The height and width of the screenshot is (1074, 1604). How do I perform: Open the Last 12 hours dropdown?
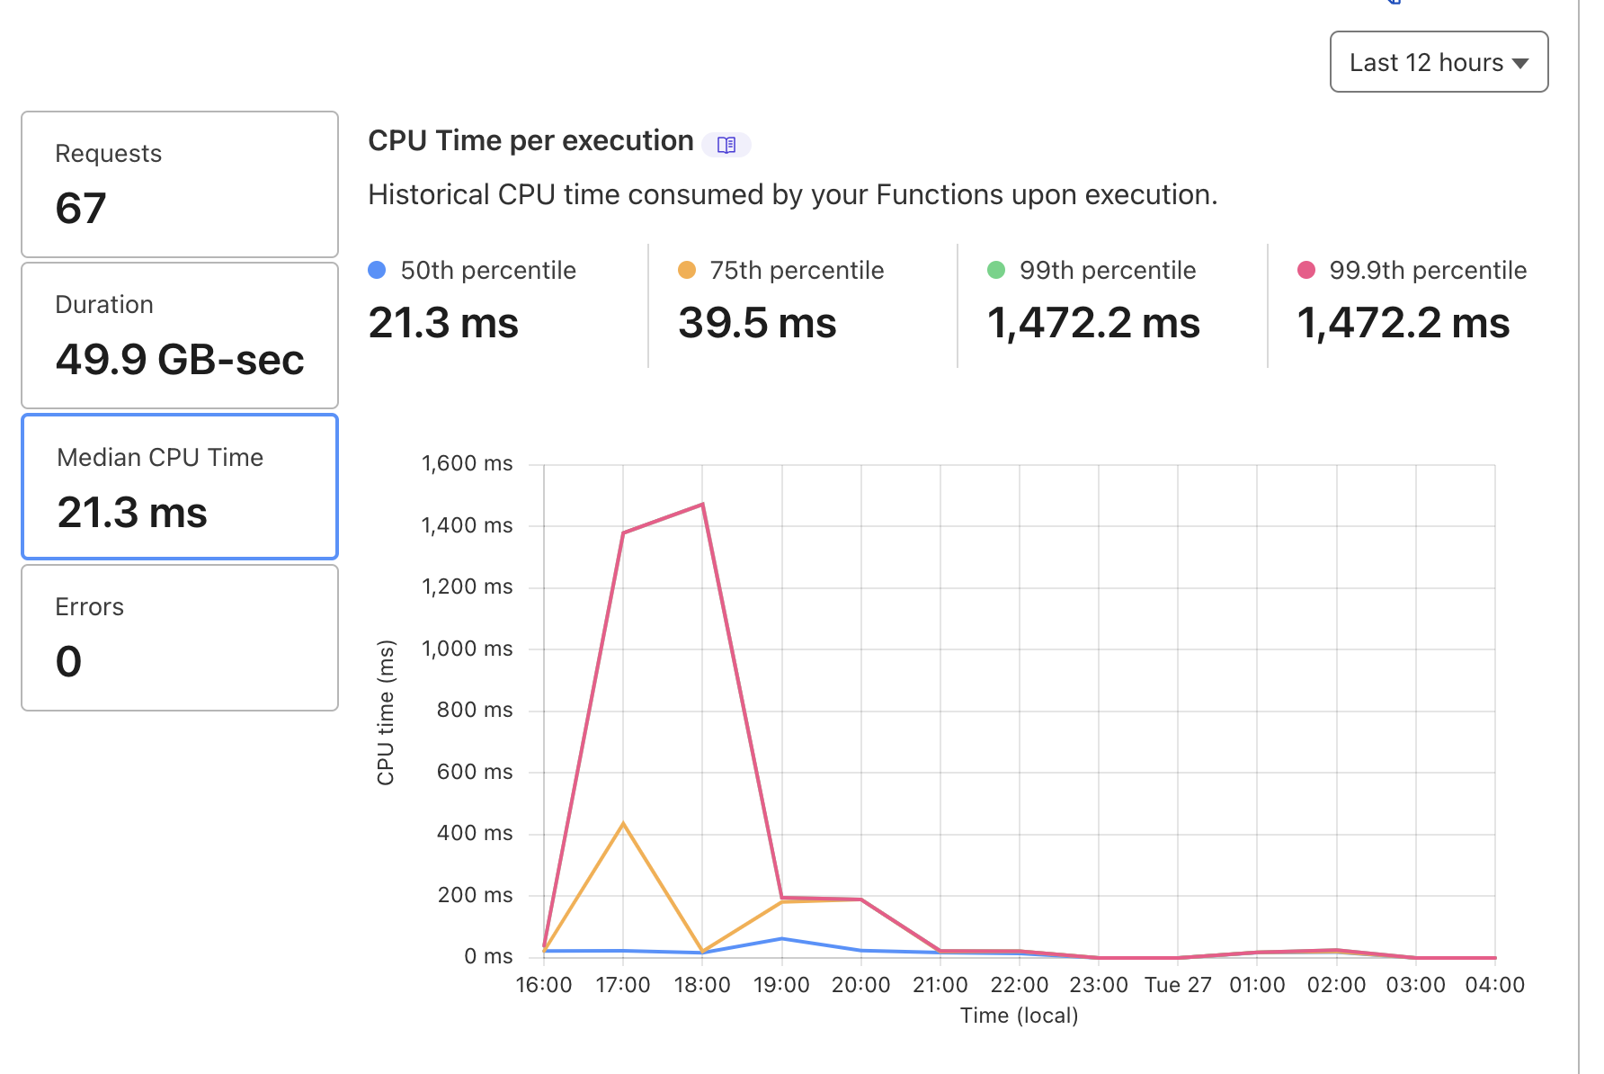1439,62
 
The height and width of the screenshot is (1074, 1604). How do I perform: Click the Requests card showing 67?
180,184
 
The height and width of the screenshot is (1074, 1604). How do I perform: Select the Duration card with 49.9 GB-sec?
180,336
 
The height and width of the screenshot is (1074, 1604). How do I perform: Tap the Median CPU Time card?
180,487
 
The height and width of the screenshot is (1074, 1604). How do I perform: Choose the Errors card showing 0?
180,638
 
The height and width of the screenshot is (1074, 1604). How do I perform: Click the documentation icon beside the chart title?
726,144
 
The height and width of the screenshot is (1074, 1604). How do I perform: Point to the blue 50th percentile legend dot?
378,270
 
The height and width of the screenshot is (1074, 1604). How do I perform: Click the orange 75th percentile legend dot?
687,270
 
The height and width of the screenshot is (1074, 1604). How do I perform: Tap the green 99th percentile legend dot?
996,270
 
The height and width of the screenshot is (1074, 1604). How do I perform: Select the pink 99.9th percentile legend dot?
1306,270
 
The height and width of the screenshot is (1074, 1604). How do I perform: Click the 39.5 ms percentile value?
757,323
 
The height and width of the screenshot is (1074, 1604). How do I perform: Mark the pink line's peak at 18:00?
702,505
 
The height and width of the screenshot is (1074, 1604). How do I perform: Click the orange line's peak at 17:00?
623,823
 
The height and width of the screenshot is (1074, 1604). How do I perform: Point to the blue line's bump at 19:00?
781,939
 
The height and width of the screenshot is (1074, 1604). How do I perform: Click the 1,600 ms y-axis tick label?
467,463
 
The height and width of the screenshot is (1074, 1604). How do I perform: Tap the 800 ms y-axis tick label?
474,710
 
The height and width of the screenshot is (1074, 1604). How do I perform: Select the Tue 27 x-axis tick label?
1178,985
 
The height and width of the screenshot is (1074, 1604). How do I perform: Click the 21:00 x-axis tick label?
940,985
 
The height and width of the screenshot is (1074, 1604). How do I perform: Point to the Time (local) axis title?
1019,1016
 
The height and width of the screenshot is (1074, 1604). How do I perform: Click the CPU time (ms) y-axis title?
386,712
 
